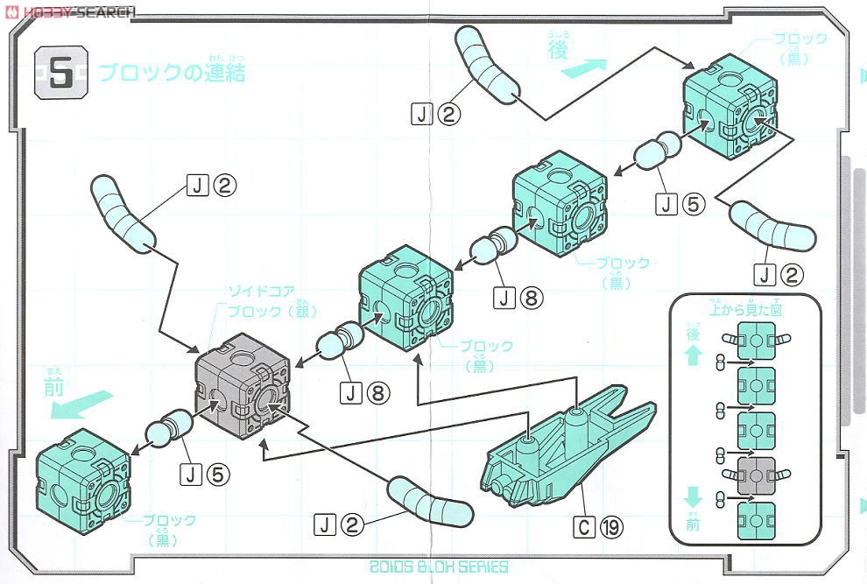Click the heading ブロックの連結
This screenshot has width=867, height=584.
click(172, 73)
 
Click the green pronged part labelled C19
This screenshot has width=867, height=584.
click(560, 451)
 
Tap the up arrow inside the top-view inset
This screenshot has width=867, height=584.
click(693, 355)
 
